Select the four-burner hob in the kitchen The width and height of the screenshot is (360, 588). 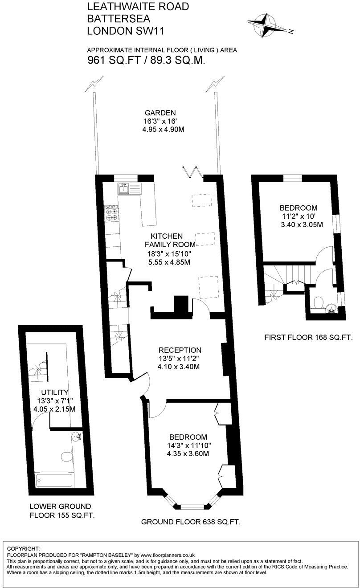(x=111, y=215)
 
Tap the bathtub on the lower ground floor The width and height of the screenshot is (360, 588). (x=54, y=481)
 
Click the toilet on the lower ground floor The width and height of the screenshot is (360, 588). (x=67, y=456)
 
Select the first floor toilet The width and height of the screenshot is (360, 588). (x=319, y=303)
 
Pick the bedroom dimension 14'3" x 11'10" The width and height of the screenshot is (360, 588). (x=188, y=445)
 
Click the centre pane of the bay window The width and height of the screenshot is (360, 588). (x=192, y=506)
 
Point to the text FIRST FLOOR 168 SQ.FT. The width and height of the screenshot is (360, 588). (x=308, y=338)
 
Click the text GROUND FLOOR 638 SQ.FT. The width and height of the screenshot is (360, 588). (x=191, y=522)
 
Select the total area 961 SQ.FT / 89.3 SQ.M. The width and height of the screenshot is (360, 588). (x=146, y=61)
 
